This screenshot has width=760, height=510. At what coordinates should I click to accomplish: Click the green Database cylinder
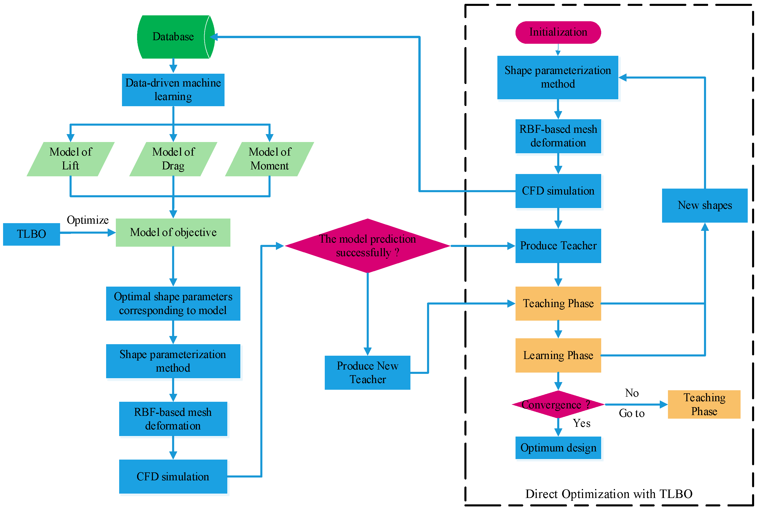pos(174,37)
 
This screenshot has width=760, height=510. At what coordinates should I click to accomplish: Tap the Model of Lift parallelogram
pos(71,159)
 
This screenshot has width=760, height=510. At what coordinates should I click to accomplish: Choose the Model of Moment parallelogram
pos(270,159)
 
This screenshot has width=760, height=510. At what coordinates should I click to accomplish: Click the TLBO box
pos(31,234)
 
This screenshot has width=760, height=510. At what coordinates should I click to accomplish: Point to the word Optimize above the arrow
pos(88,220)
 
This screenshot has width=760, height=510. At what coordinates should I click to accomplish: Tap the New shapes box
pos(705,205)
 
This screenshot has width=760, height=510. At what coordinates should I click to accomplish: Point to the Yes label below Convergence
pos(582,423)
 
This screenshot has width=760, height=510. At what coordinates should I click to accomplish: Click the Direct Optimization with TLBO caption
pos(609,494)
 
